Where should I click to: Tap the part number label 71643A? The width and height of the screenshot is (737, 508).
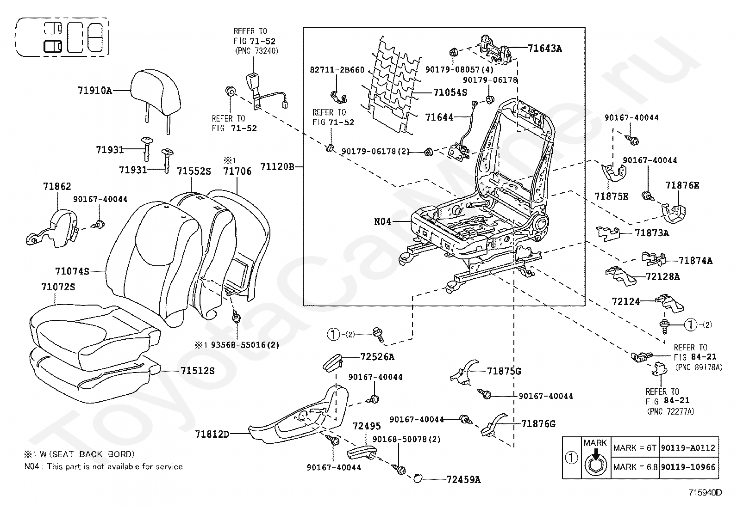point(545,49)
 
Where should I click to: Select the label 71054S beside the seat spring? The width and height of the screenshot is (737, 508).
point(450,92)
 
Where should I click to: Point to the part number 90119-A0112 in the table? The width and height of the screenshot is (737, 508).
point(688,448)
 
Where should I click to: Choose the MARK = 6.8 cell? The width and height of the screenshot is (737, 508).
point(635,467)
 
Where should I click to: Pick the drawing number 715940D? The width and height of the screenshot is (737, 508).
point(705,493)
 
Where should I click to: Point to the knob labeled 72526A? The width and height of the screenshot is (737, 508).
point(333,363)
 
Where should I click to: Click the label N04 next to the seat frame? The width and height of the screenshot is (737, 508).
point(382,222)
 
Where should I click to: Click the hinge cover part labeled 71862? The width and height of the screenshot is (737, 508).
point(53,228)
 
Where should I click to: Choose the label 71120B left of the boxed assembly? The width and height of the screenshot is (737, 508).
point(277,167)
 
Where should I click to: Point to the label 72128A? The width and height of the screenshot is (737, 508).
point(662,277)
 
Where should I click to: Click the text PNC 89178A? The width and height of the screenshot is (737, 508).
point(699,367)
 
